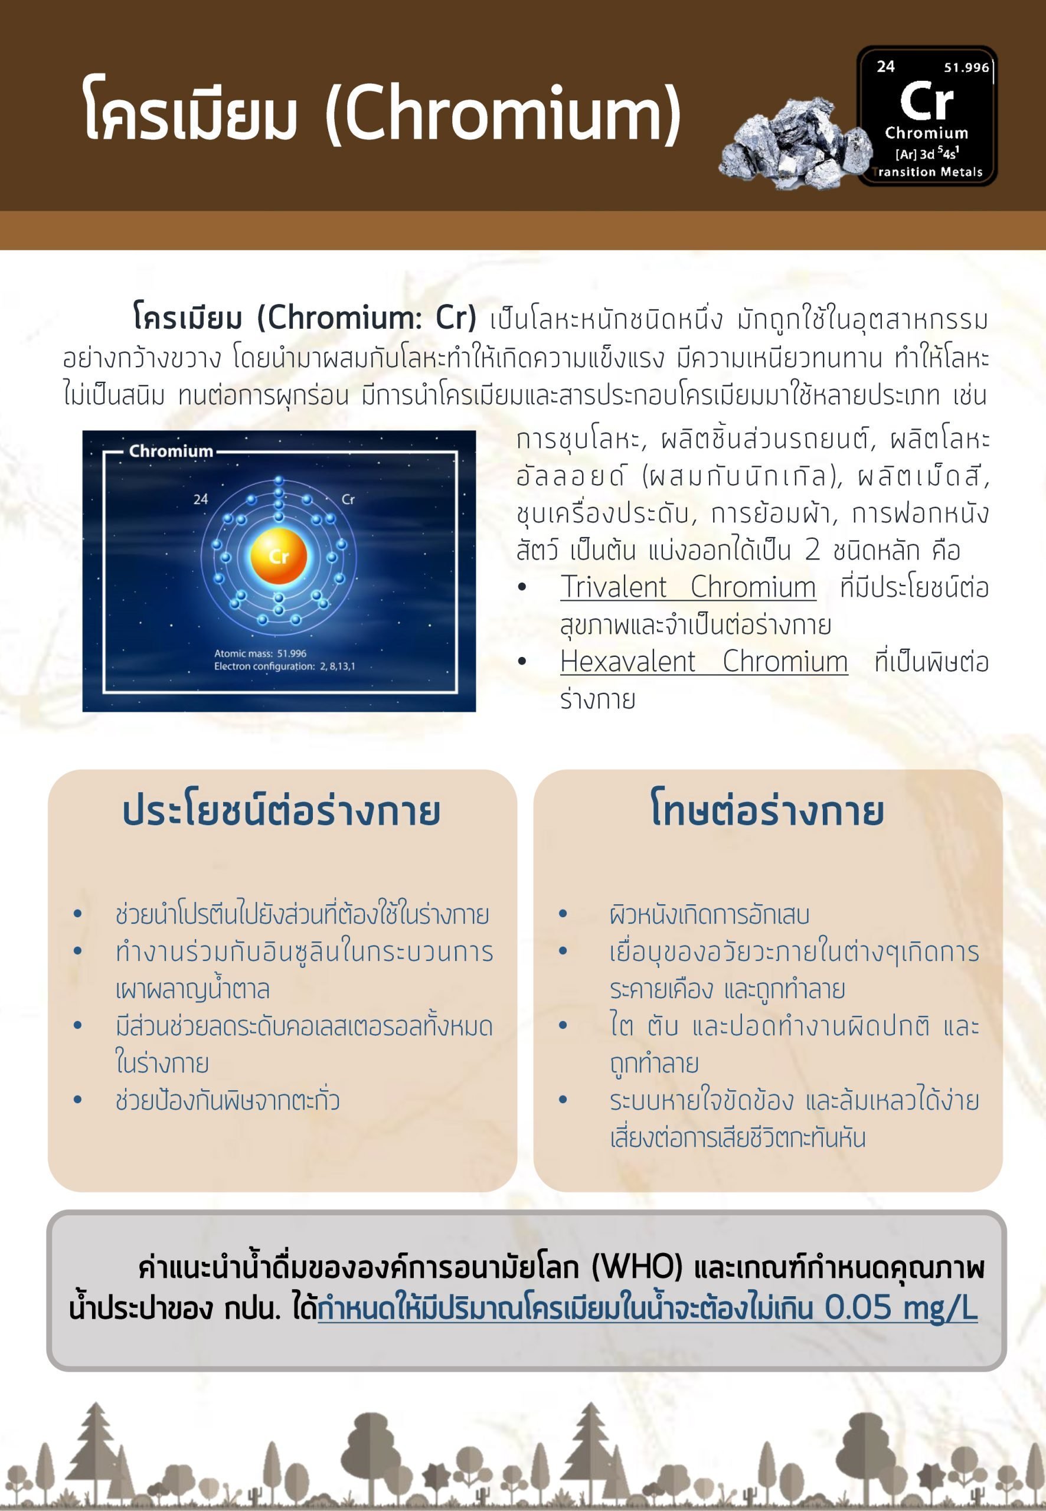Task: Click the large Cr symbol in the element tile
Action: click(926, 101)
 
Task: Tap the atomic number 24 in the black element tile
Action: click(885, 67)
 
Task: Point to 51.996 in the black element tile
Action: click(966, 67)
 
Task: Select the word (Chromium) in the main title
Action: click(504, 113)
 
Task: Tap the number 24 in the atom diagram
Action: click(201, 499)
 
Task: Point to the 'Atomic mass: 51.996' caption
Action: click(260, 653)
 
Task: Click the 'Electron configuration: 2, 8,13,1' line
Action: click(285, 666)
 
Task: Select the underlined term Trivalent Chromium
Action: click(688, 587)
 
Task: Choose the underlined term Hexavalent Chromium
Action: click(704, 662)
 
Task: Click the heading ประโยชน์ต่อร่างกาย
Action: click(281, 810)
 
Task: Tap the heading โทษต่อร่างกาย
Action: click(767, 810)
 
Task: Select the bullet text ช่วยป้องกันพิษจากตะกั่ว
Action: click(227, 1100)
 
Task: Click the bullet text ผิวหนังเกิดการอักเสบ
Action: click(709, 915)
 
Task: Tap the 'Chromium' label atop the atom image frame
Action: click(171, 451)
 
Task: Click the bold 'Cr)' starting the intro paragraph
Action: click(456, 318)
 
